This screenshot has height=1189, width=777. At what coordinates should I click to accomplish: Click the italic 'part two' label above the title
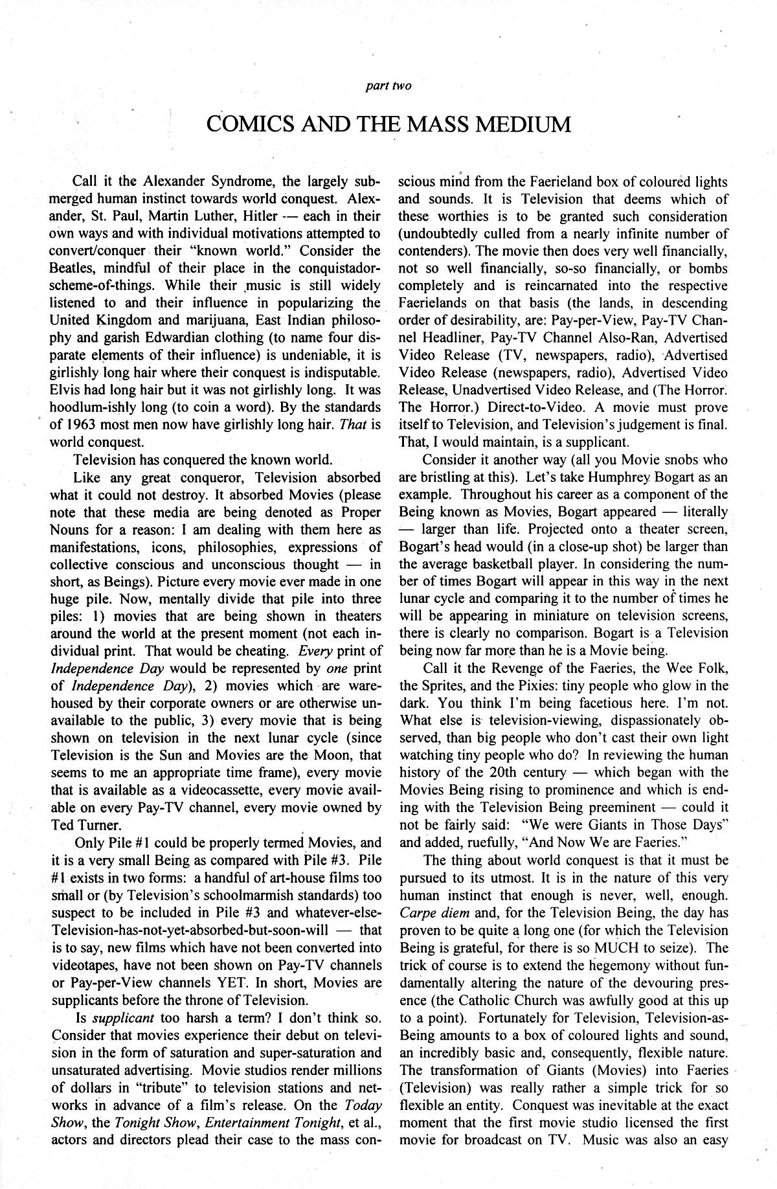pos(388,85)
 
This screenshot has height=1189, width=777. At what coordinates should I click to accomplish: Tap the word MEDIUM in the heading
pos(525,123)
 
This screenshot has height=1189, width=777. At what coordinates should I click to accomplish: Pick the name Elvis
pos(64,390)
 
